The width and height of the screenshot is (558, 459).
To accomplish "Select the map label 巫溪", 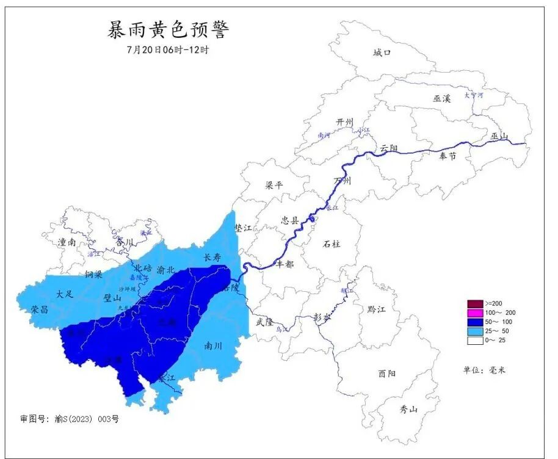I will [441, 99].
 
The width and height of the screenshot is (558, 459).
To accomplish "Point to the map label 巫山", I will [499, 136].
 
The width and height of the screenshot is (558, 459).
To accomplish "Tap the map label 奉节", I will [447, 156].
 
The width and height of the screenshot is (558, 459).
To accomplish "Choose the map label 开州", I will [344, 123].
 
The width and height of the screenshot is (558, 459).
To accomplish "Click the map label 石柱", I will [332, 244].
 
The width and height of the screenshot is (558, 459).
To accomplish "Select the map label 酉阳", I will [386, 373].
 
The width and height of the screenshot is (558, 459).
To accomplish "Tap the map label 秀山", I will [408, 409].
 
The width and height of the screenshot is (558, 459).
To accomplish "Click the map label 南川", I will [212, 345].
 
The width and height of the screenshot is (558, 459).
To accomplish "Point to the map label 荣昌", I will [40, 309].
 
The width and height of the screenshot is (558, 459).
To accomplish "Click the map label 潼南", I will [67, 242].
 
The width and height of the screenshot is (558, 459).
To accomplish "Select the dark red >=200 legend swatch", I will [476, 303].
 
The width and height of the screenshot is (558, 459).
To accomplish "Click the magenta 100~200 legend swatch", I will [476, 313].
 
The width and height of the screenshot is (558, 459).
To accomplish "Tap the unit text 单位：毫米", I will [485, 370].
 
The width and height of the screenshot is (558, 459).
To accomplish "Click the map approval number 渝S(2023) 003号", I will [69, 419].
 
